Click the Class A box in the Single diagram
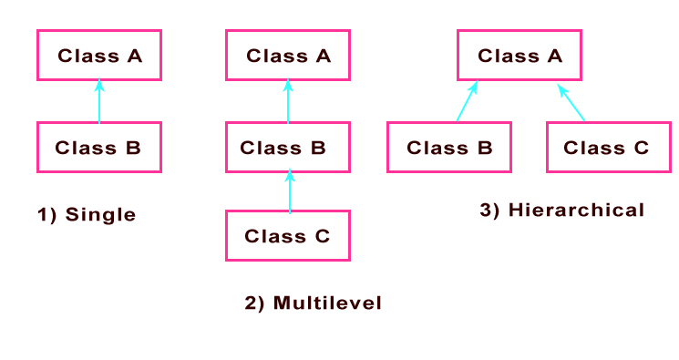pos(99,56)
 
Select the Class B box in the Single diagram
pos(99,147)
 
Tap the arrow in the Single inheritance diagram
pos(99,101)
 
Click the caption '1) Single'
pos(86,215)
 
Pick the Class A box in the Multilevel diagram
pos(288,56)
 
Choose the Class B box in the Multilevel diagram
pos(288,147)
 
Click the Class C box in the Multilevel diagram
pos(288,236)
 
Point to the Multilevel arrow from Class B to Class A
pos(288,101)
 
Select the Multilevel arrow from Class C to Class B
pos(290,191)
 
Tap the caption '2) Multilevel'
pos(313,303)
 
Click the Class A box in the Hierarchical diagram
pos(520,56)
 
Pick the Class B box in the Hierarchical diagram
pos(449,147)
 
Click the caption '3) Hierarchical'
pos(561,210)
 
